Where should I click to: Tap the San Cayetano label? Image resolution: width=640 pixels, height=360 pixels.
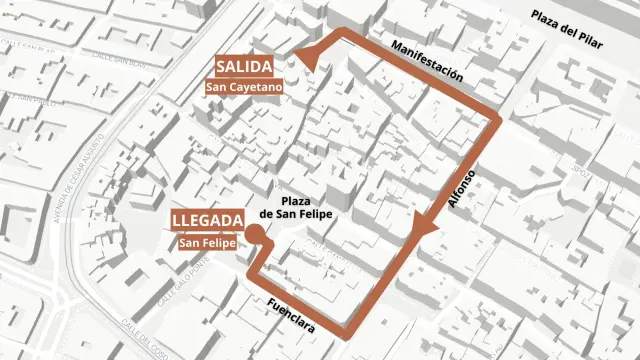pyautogui.click(x=244, y=87)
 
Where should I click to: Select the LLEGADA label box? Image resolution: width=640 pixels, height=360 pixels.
pyautogui.click(x=207, y=221)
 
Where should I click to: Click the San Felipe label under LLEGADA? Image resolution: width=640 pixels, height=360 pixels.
pyautogui.click(x=207, y=242)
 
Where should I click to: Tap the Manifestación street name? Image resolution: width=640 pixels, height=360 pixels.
pyautogui.click(x=427, y=61)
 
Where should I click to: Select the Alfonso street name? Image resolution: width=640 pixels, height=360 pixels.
pyautogui.click(x=462, y=187)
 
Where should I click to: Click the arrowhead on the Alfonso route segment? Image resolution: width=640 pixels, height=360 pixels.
pyautogui.click(x=427, y=229)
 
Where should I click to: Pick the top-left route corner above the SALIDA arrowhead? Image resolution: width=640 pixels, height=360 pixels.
pyautogui.click(x=345, y=34)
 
